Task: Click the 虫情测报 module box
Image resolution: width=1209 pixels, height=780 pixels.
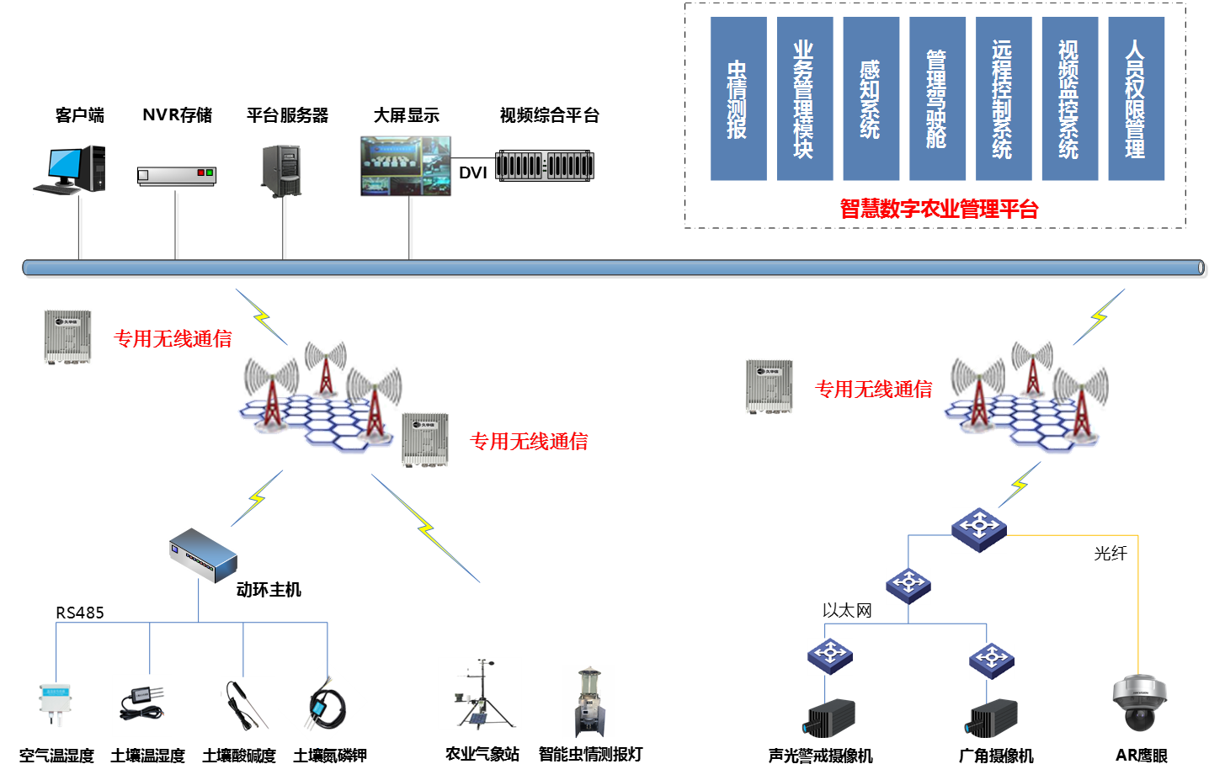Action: click(738, 98)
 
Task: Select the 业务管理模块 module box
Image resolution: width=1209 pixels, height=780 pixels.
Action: click(805, 98)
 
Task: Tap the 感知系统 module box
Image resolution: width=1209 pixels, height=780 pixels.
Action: click(871, 98)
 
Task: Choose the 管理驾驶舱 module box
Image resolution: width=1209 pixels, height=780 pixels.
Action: click(937, 98)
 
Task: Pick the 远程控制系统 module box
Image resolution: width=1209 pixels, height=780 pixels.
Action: click(1004, 98)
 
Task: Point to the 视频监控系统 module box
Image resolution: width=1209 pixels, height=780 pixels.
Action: click(1069, 98)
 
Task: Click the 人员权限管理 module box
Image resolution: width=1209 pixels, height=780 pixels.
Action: click(1136, 98)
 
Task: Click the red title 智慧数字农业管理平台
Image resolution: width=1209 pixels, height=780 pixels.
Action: click(939, 209)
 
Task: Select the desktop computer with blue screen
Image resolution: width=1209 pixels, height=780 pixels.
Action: click(71, 169)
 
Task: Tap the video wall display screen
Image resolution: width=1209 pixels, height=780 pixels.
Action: click(406, 166)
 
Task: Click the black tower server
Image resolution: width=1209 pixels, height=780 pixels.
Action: click(282, 170)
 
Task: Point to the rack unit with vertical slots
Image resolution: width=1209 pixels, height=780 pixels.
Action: click(545, 165)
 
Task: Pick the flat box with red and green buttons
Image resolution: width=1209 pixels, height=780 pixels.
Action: click(177, 175)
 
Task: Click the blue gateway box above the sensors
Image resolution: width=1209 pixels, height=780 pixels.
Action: click(203, 555)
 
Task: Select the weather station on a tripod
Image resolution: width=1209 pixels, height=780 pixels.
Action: click(480, 693)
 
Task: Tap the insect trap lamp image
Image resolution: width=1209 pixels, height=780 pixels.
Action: click(589, 702)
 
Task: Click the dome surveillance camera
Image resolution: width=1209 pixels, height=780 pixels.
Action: click(1139, 701)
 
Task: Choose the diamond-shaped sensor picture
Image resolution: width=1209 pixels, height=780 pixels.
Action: click(322, 704)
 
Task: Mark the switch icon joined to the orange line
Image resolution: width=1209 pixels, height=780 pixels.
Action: click(979, 529)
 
